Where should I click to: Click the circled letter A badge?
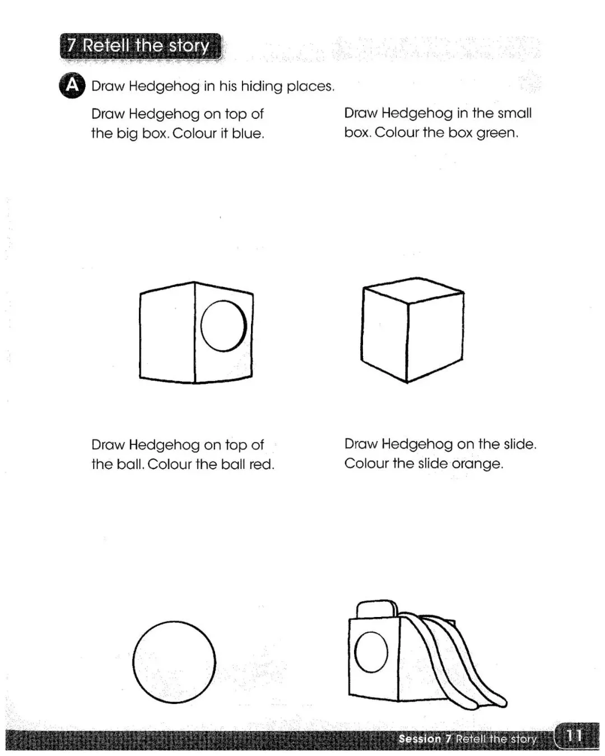pyautogui.click(x=72, y=85)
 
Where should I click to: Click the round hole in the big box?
pyautogui.click(x=224, y=326)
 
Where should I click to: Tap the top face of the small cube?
pyautogui.click(x=413, y=290)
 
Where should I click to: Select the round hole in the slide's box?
pyautogui.click(x=371, y=652)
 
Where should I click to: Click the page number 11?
pyautogui.click(x=574, y=736)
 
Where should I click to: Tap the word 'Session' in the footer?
pyautogui.click(x=420, y=739)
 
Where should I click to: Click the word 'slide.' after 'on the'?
pyautogui.click(x=520, y=444)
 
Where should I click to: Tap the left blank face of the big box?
pyautogui.click(x=167, y=333)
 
